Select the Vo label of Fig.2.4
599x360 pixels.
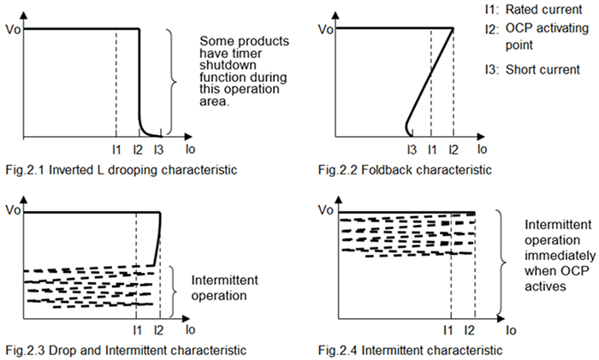click(x=325, y=210)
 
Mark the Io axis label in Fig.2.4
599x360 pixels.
click(x=511, y=329)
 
